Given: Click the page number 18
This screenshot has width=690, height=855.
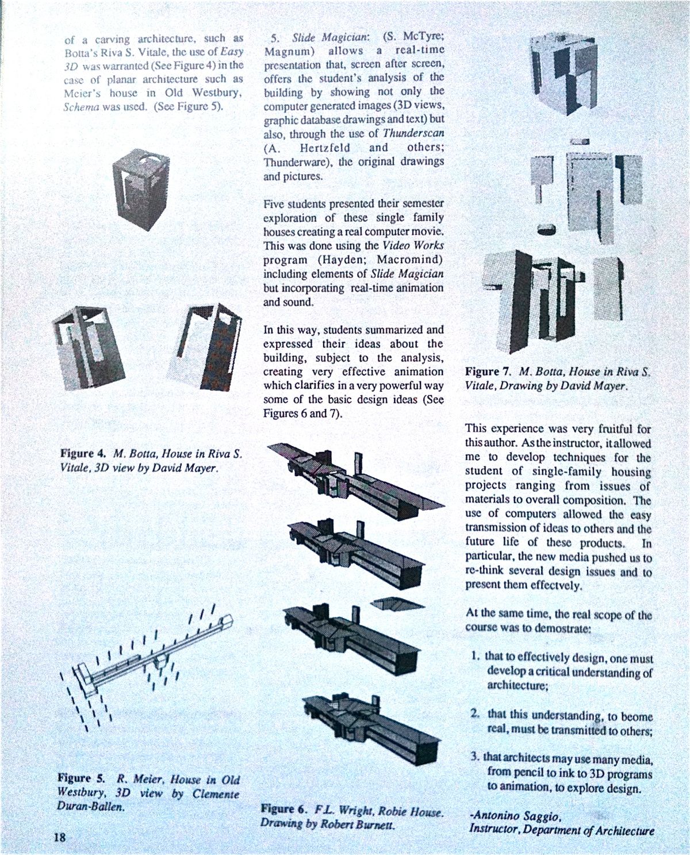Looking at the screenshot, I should click(x=59, y=837).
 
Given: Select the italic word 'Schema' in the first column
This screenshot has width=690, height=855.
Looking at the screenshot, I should click(x=79, y=107).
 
